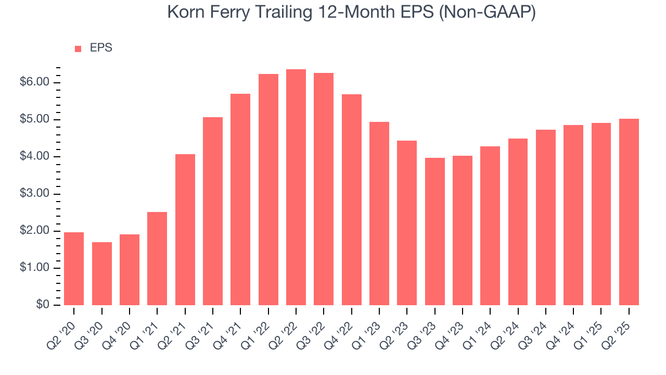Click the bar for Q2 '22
click(x=296, y=187)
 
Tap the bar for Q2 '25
click(x=629, y=212)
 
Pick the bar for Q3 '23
click(x=434, y=231)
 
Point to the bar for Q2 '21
click(x=185, y=230)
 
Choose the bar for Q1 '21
click(x=157, y=258)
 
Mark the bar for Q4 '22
click(x=352, y=199)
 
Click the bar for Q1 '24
click(x=490, y=226)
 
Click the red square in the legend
click(x=78, y=48)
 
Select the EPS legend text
click(x=101, y=48)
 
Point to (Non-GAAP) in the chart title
click(x=488, y=12)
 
